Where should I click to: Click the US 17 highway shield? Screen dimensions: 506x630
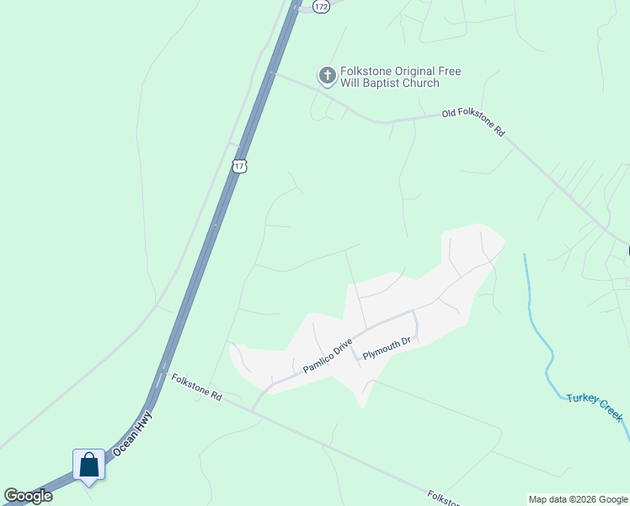click(x=240, y=165)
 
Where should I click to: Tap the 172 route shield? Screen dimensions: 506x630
click(x=320, y=6)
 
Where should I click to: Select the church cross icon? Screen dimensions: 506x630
click(x=327, y=77)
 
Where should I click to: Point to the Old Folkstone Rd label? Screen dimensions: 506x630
click(x=474, y=121)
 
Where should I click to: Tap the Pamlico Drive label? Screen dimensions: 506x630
click(x=327, y=357)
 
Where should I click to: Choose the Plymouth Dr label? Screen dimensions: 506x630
click(x=387, y=348)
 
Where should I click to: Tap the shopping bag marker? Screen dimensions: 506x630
click(x=88, y=465)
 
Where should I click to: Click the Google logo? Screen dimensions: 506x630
click(x=29, y=496)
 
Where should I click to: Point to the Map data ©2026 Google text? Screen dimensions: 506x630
click(x=578, y=499)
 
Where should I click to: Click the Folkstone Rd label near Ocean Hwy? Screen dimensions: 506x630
click(x=196, y=388)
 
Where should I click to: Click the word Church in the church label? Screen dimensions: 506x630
click(x=419, y=83)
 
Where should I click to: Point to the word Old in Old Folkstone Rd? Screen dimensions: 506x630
click(x=453, y=115)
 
